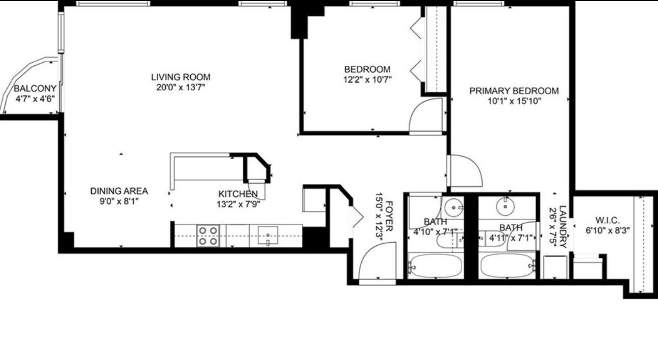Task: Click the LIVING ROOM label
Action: tap(181, 78)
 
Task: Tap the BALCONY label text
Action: tap(35, 89)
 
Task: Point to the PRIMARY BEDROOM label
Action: tap(514, 91)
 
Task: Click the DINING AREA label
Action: tap(119, 191)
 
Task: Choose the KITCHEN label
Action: tap(238, 194)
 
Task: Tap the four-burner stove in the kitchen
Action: tap(208, 236)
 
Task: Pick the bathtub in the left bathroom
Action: tap(436, 266)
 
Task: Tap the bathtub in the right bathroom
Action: tap(508, 266)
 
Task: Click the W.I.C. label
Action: tap(607, 220)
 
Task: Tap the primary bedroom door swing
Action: tap(464, 171)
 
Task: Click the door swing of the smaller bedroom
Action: tap(426, 116)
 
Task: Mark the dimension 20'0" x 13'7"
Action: tap(181, 87)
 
